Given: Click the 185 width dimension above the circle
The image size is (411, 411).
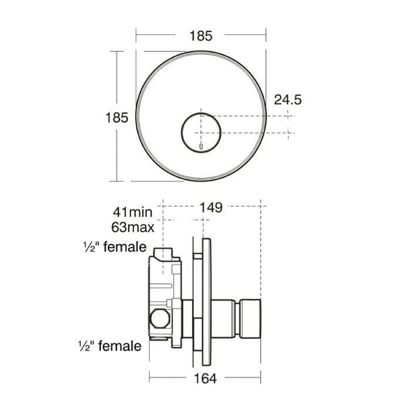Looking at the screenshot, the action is pos(201,36).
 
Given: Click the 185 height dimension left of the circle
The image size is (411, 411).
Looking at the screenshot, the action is pos(117,117).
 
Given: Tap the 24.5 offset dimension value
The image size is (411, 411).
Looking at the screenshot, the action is pos(288,100).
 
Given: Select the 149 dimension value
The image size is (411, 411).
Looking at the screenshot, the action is pos(211,207).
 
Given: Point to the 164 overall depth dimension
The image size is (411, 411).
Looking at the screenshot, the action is pos(206,379).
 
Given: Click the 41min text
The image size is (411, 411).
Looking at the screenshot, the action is pos(132,212).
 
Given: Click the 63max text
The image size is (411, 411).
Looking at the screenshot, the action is pos(133,227).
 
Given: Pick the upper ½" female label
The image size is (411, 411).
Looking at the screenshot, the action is pos(115,247).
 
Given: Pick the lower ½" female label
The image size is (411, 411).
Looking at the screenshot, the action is pos(110,346).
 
